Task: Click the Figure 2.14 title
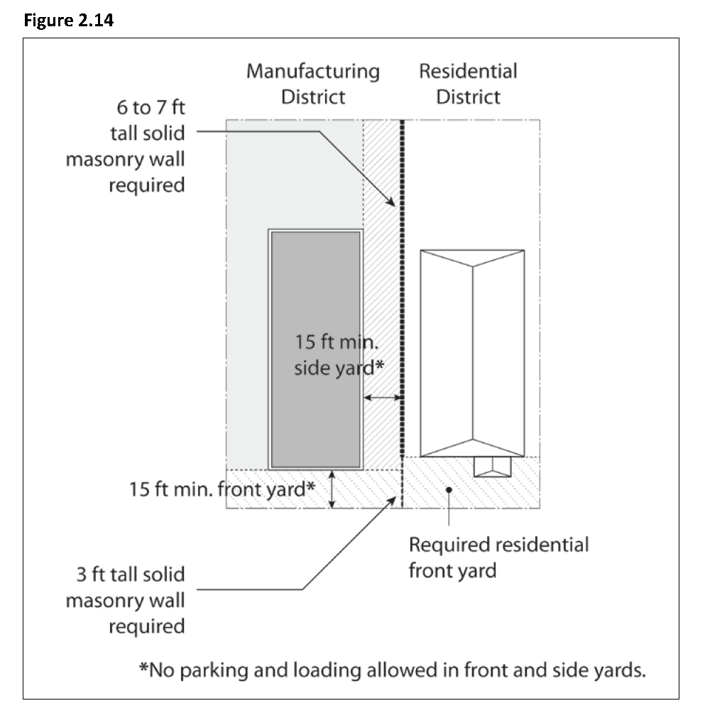click(x=69, y=21)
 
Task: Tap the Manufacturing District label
click(x=313, y=84)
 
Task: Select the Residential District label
click(x=469, y=84)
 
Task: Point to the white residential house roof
click(x=472, y=354)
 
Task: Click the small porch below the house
click(x=493, y=467)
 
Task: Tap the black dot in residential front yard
click(x=449, y=490)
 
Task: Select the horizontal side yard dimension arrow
click(x=383, y=398)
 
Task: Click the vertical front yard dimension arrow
click(x=332, y=489)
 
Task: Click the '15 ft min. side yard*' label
click(x=339, y=355)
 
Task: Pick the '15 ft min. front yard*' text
click(x=222, y=489)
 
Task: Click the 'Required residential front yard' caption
click(x=499, y=557)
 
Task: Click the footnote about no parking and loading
click(x=392, y=670)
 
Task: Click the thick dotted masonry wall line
click(x=402, y=288)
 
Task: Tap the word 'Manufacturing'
click(x=313, y=72)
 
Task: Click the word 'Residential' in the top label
click(x=469, y=71)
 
